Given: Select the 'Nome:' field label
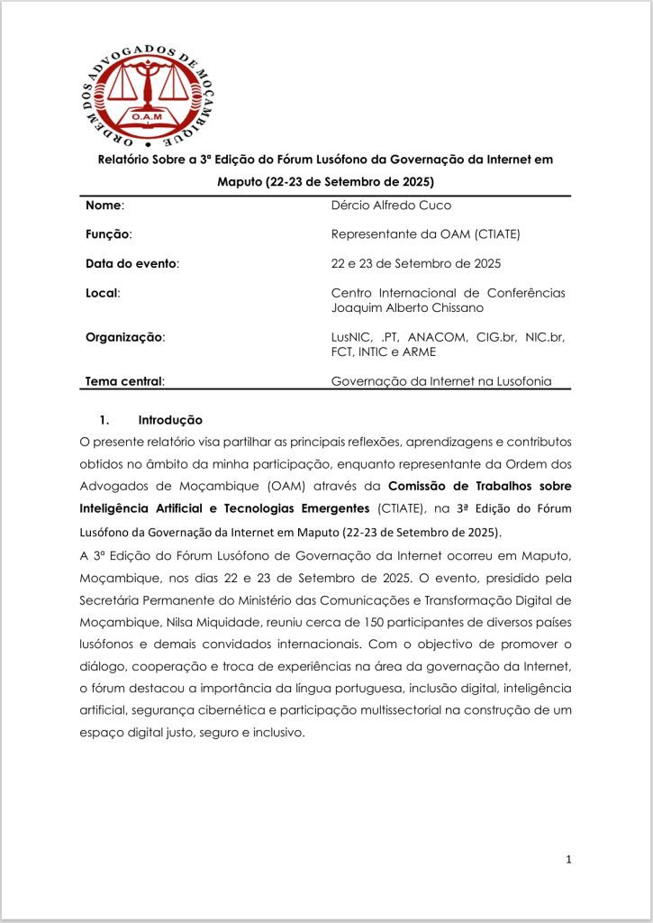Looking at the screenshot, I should [x=104, y=206].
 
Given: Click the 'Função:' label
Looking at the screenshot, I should [x=108, y=234].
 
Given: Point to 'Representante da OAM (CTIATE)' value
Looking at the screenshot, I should [x=426, y=234].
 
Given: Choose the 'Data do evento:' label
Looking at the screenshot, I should [x=132, y=263].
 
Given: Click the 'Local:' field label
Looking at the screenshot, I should [x=103, y=293].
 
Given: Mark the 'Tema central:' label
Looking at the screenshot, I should [x=124, y=380].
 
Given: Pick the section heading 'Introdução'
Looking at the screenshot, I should [x=170, y=420].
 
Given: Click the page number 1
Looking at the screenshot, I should [x=568, y=859].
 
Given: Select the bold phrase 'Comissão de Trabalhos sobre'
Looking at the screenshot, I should [x=485, y=487].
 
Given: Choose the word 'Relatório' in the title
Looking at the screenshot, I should [x=125, y=159].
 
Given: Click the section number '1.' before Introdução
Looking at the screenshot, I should [x=104, y=420].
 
